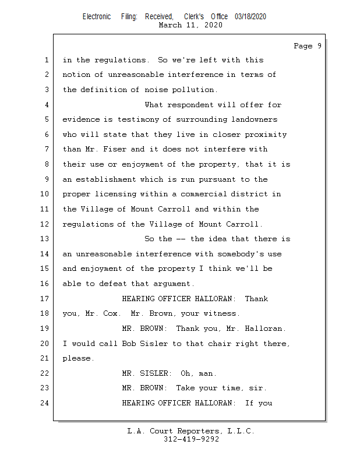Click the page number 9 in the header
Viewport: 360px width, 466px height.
pos(319,46)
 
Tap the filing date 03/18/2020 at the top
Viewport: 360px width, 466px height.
pos(250,17)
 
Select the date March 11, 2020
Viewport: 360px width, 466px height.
pos(190,25)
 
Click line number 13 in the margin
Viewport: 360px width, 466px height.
pos(45,239)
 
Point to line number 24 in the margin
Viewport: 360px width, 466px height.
pos(45,403)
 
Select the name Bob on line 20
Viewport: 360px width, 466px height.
pos(128,344)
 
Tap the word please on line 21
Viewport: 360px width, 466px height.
pos(77,359)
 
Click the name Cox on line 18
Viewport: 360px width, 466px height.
pos(110,313)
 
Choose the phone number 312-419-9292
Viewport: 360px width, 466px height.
pos(190,439)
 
